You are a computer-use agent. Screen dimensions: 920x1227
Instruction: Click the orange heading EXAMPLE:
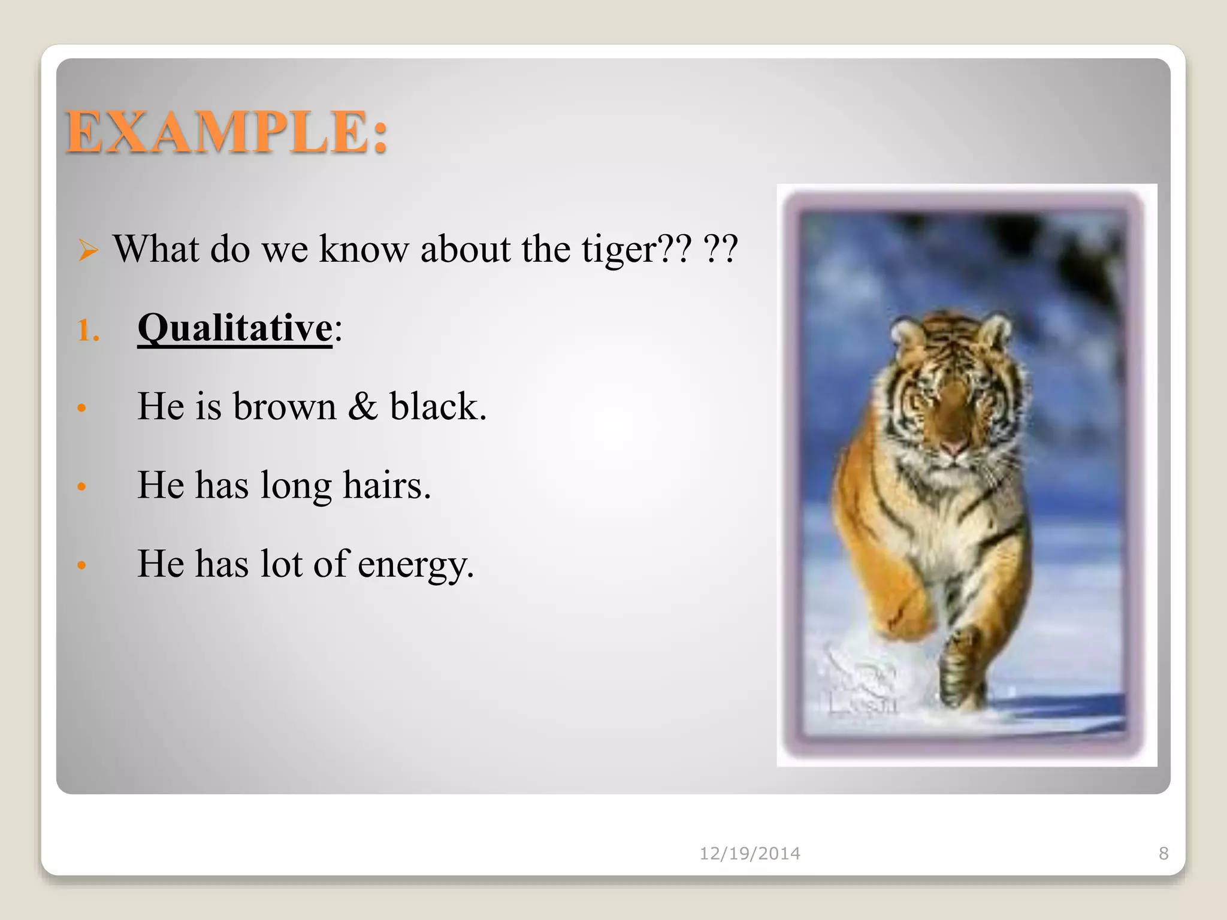pos(226,133)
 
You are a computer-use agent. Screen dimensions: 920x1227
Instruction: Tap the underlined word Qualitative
pos(234,328)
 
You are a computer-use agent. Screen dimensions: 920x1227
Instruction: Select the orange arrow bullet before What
pos(88,250)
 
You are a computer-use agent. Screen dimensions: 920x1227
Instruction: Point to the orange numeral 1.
pos(87,331)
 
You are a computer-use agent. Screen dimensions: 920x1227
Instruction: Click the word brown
pos(285,407)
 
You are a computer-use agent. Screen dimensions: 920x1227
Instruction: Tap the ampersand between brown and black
pos(363,407)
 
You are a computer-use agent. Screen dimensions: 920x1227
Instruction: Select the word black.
pos(437,407)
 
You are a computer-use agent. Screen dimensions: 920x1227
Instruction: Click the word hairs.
pos(386,485)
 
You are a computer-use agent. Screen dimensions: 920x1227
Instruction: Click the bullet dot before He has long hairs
pos(82,486)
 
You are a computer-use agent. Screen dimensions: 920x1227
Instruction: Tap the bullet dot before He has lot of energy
pos(82,565)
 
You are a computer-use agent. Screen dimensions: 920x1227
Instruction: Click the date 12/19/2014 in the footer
pos(750,854)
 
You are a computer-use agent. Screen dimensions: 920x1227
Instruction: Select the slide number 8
pos(1163,854)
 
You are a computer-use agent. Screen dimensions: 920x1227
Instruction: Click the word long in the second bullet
pos(295,486)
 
